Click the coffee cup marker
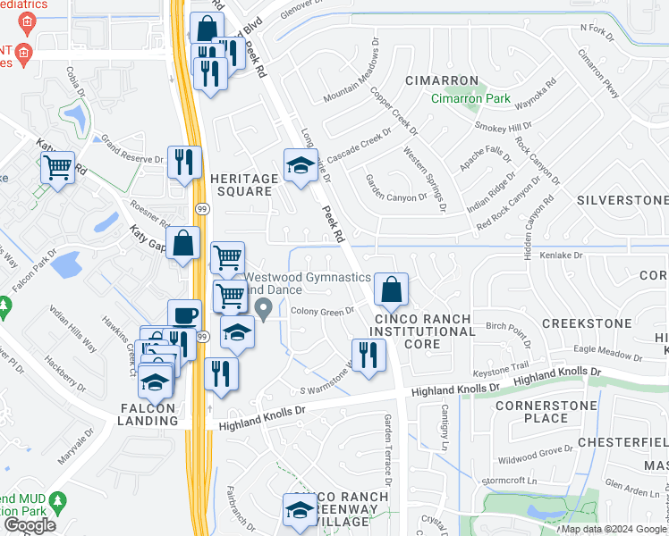click(x=184, y=316)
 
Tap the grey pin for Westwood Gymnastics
click(x=264, y=309)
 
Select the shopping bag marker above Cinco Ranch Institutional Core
click(x=391, y=289)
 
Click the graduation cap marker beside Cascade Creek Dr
click(x=301, y=164)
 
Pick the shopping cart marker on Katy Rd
click(x=57, y=167)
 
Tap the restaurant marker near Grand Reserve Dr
click(x=184, y=163)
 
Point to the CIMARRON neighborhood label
click(x=441, y=80)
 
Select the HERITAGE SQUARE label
click(x=241, y=185)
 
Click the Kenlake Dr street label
click(x=561, y=255)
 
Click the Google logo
click(x=30, y=524)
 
